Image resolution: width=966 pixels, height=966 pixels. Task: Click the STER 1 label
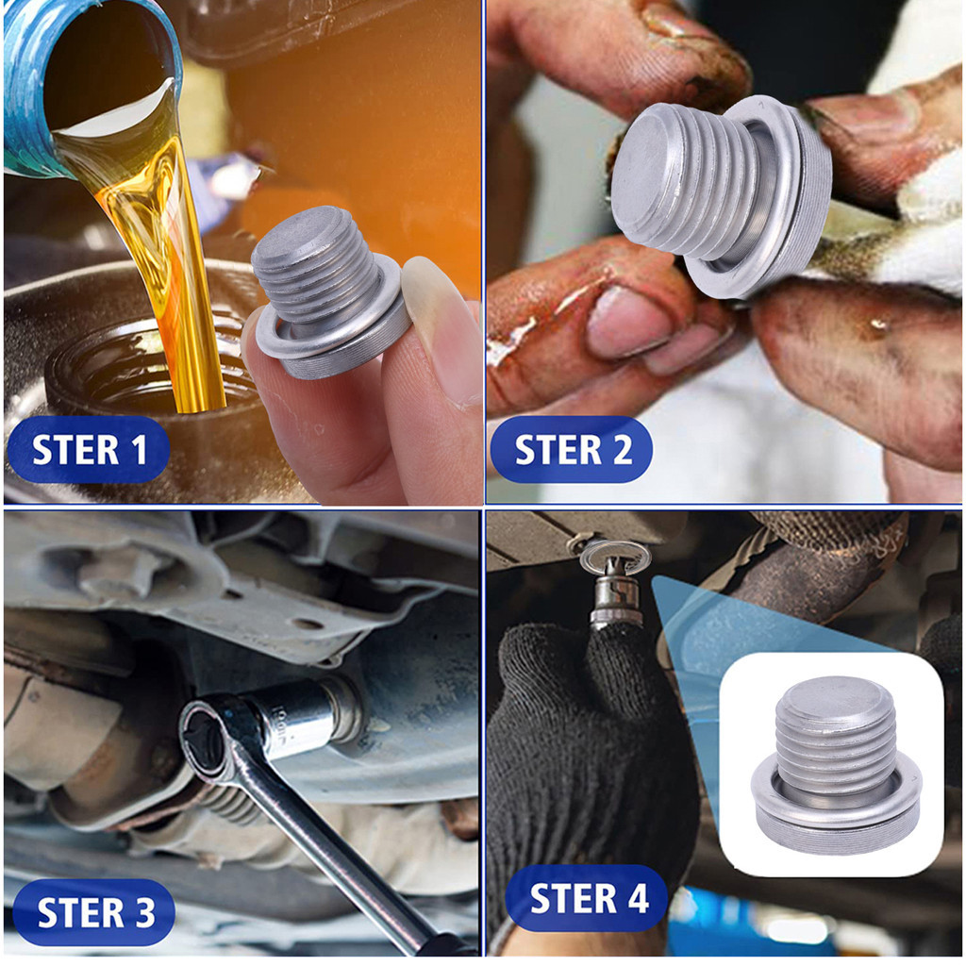pos(89,449)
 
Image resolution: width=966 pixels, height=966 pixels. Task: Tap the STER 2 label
pos(572,449)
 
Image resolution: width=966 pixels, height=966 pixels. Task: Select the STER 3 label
pos(94,912)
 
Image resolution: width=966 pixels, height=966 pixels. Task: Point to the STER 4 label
pos(587,898)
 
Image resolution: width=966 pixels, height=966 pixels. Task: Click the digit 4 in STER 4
pos(638,899)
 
